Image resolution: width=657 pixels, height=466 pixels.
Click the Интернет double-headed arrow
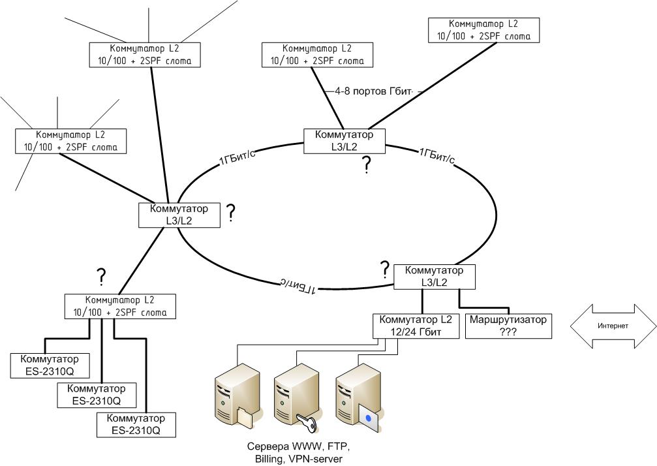(613, 326)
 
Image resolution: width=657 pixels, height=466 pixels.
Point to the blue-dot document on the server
(369, 418)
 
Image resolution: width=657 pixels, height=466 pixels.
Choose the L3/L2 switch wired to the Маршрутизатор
(434, 277)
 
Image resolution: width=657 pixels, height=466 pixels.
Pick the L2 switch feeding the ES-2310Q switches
(120, 306)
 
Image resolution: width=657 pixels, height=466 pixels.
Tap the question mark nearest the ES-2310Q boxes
(101, 277)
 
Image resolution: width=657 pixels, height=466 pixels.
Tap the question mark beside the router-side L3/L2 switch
(385, 268)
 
